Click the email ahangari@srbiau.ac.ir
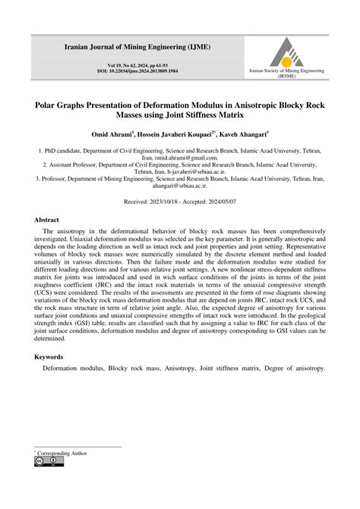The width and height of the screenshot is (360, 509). coord(179,187)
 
